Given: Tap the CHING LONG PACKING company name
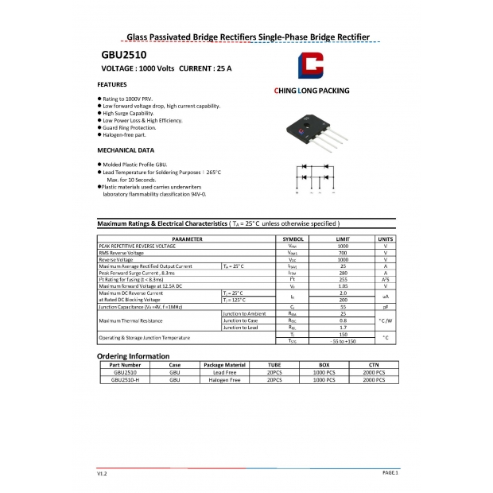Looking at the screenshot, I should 311,91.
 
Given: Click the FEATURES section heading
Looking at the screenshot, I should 112,83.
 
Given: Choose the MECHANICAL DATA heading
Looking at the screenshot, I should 126,149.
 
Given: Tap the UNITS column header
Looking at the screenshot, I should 385,239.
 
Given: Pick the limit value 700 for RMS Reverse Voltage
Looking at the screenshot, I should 343,253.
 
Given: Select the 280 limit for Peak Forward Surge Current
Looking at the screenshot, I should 343,273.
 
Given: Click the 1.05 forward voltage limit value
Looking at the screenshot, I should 343,285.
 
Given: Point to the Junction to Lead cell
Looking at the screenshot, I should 240,327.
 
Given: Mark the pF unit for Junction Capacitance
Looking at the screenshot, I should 385,306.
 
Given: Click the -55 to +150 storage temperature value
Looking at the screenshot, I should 343,340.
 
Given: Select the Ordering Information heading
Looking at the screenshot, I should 133,355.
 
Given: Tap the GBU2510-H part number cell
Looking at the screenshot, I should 125,380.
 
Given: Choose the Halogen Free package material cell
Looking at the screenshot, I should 224,380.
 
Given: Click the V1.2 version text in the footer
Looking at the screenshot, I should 102,473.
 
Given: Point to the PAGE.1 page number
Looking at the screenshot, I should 390,472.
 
